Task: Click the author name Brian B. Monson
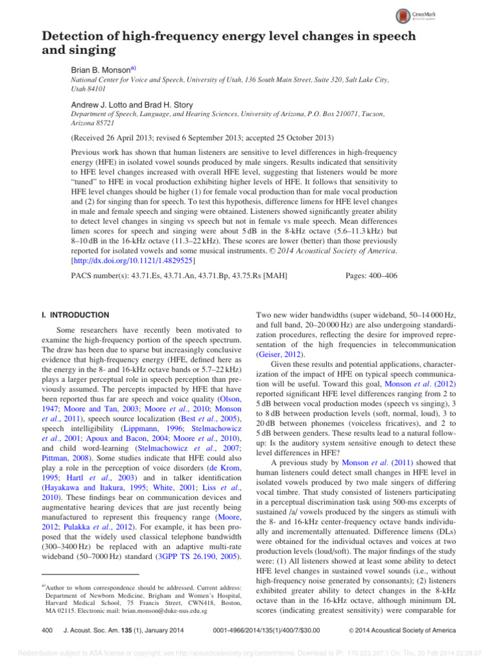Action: pos(99,67)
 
